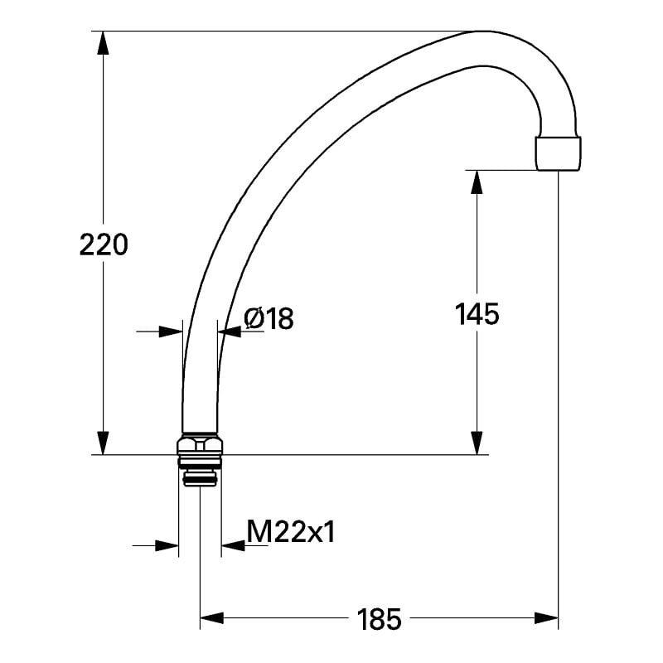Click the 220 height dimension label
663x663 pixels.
(104, 244)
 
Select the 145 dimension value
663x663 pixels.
(477, 314)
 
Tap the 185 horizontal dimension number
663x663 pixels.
(380, 618)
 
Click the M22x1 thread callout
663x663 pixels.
(291, 532)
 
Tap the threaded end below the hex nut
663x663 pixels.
(200, 477)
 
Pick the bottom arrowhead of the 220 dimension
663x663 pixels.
(103, 443)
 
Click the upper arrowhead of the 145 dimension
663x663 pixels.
(477, 181)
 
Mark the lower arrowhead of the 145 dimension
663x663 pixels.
(477, 443)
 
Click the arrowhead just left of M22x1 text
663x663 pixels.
(233, 545)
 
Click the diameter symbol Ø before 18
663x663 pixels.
(254, 319)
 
